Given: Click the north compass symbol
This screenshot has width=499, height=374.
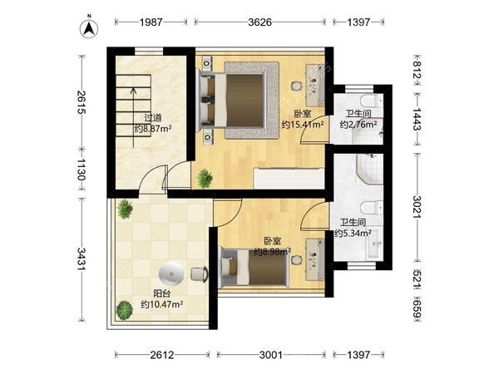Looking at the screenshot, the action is pos(89,27).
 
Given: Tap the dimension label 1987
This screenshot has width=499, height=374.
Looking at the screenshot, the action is pos(151,22).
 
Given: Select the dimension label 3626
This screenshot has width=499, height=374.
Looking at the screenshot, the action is pos(260,22).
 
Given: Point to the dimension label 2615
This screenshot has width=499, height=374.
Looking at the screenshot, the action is pos(82,102).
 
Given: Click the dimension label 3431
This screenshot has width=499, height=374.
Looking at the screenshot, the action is pos(82,258).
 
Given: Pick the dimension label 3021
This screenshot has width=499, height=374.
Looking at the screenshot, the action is pos(417,207).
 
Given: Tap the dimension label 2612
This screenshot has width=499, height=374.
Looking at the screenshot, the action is pos(162,355).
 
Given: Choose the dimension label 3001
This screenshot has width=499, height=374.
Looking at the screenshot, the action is pos(271,355).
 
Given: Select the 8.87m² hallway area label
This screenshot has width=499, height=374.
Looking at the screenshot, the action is pos(153,129).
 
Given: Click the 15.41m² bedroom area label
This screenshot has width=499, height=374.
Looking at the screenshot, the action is pos(303,125).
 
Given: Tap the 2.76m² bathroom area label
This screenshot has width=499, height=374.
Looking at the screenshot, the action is pos(358,125).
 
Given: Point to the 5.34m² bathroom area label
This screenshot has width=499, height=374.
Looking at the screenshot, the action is pos(353,233).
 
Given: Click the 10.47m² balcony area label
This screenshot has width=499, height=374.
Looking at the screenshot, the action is pos(162,304).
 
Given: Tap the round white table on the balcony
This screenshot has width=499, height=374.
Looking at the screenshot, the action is pos(171,274).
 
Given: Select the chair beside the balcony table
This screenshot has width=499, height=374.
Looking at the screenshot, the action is pos(200,274).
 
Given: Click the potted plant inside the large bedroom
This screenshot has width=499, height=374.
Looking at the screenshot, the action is pos(205,179).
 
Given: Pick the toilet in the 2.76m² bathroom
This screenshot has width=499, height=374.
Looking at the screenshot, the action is pos(372,101).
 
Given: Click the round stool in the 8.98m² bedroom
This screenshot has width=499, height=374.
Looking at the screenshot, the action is pos(297,260).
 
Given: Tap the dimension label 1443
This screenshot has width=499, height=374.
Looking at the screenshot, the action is pos(417,119).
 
